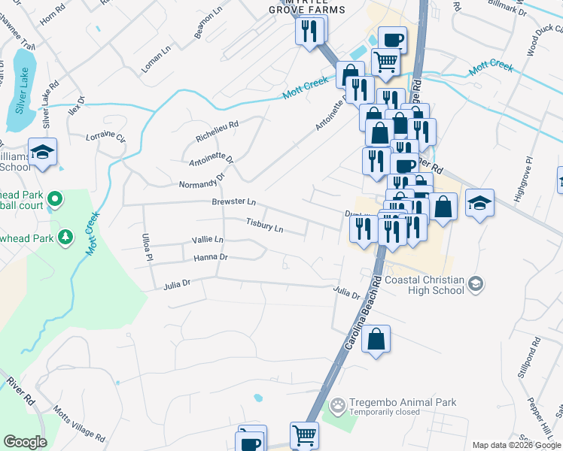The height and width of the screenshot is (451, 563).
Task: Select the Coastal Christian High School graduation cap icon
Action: click(475, 283)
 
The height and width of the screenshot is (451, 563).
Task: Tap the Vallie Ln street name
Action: click(208, 240)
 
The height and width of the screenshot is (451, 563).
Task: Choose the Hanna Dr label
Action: click(211, 257)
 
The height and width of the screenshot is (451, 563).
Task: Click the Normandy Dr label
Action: click(202, 181)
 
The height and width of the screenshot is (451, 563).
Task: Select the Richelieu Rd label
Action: click(217, 132)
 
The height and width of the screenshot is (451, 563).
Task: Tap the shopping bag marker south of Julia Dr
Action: click(376, 339)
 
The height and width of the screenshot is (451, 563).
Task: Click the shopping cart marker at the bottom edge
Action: click(304, 435)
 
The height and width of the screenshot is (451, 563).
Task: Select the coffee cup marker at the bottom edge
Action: click(251, 439)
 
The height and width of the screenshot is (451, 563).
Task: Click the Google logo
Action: click(25, 442)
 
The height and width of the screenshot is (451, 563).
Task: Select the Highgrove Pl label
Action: click(524, 180)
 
